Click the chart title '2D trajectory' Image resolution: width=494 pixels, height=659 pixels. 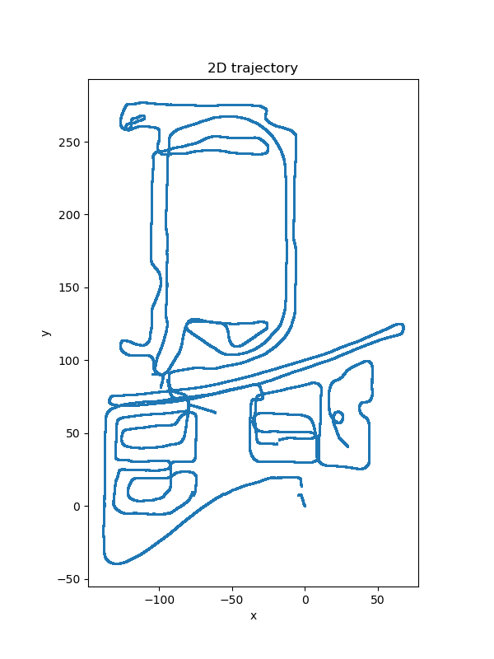coord(253,68)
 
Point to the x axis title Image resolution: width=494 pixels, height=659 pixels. coord(254,616)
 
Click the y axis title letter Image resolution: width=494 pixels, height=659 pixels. coord(46,333)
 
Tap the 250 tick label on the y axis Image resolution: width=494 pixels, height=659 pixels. coord(69,143)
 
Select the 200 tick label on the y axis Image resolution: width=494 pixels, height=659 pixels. coord(69,215)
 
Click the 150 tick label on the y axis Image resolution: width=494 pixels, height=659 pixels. coord(69,287)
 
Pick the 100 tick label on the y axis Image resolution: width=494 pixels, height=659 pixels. coord(69,361)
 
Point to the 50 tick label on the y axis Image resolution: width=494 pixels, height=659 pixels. coord(72,434)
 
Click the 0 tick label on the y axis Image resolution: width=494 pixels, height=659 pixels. coord(77,507)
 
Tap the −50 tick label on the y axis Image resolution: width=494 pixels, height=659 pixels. coord(69,579)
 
